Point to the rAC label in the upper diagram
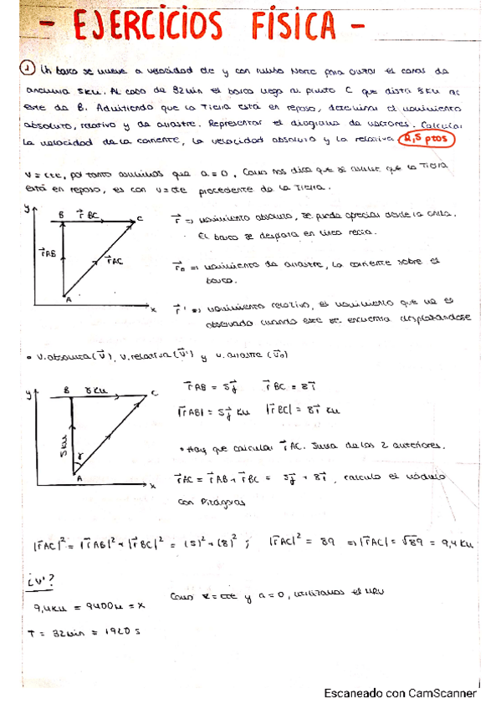pos(115,262)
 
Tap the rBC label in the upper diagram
pos(87,216)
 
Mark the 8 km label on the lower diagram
pos(99,390)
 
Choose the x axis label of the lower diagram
pos(155,486)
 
